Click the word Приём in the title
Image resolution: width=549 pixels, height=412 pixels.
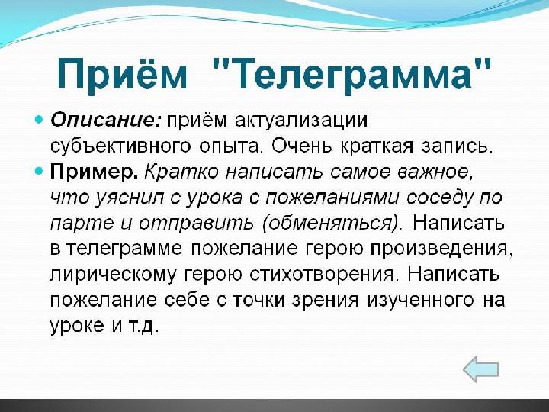pos(122,74)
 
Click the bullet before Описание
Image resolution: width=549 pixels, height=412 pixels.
pos(39,121)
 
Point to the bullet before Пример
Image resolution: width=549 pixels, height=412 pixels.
pos(39,172)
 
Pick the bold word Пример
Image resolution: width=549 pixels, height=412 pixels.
pos(95,172)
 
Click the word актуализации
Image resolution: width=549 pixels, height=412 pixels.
pos(301,121)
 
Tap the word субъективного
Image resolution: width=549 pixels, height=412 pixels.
pos(120,146)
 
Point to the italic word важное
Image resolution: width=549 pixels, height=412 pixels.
pos(438,172)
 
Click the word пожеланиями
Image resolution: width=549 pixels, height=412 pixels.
pos(332,198)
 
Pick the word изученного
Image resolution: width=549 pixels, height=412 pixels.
pos(420,301)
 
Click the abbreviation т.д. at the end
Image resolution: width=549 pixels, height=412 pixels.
pos(141,326)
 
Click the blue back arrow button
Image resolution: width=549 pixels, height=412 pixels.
pos(480,369)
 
